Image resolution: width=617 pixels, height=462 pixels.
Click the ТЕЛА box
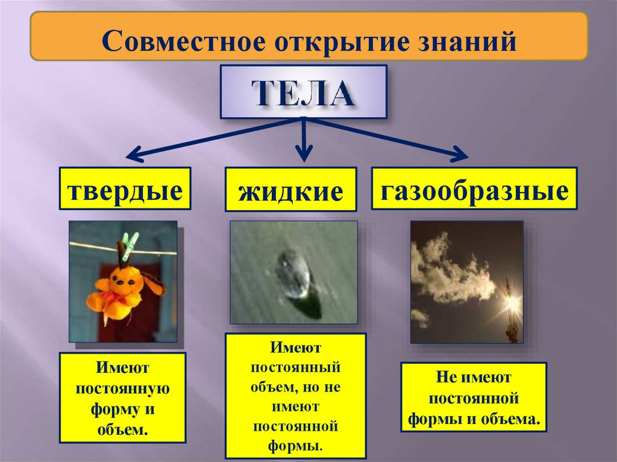coord(303,92)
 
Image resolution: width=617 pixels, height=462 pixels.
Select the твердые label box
coord(125,189)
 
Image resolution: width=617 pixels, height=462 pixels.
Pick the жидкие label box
coord(290,190)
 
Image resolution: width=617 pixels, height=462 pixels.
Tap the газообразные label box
coord(474,189)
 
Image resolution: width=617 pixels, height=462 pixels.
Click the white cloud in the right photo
coord(449,271)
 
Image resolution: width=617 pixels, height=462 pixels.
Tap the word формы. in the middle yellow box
coord(295,446)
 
